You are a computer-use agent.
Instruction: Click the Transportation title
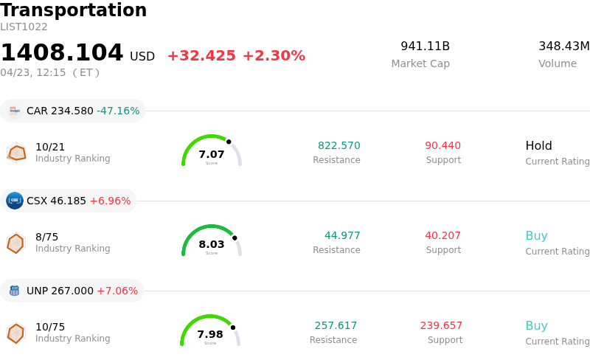click(74, 11)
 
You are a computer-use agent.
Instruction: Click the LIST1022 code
click(24, 27)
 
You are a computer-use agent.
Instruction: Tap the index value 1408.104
click(62, 53)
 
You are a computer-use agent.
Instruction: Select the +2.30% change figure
click(274, 56)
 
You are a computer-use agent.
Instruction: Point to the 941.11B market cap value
click(425, 46)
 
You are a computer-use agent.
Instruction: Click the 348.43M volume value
click(563, 46)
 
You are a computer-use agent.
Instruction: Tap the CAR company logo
click(14, 111)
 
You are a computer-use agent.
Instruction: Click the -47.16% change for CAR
click(118, 111)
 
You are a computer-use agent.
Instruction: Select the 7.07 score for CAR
click(212, 155)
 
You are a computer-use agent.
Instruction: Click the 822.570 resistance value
click(339, 146)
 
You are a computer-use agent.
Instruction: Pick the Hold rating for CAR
click(538, 146)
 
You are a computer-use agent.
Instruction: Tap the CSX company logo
click(14, 201)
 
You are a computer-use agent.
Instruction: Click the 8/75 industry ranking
click(46, 237)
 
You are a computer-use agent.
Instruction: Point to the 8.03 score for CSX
click(212, 245)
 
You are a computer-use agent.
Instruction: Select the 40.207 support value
click(442, 236)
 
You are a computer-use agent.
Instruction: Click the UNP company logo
click(14, 291)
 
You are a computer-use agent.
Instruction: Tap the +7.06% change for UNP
click(117, 291)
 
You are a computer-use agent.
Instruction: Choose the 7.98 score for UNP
click(210, 335)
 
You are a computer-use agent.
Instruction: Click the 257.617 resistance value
click(336, 326)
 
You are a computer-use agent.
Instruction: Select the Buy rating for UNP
click(536, 326)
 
